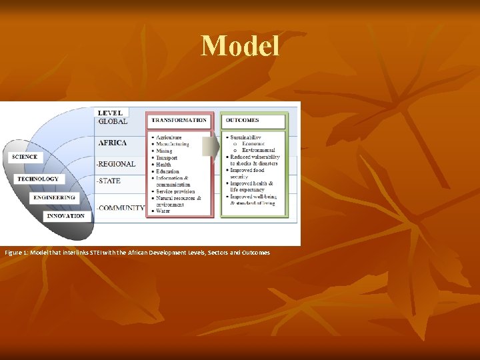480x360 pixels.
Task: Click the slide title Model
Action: [x=240, y=46]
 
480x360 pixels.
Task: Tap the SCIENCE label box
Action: [x=25, y=157]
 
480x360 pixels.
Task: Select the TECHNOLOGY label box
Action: [x=38, y=179]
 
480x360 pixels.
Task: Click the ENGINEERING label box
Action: [x=55, y=198]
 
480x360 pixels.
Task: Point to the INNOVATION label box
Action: [x=66, y=216]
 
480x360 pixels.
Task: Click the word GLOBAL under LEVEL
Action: [x=113, y=121]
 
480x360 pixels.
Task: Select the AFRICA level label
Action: [x=113, y=143]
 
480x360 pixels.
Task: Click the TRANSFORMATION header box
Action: [x=179, y=121]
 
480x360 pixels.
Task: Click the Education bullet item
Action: [x=168, y=171]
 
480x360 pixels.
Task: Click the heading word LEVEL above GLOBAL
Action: [x=110, y=113]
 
